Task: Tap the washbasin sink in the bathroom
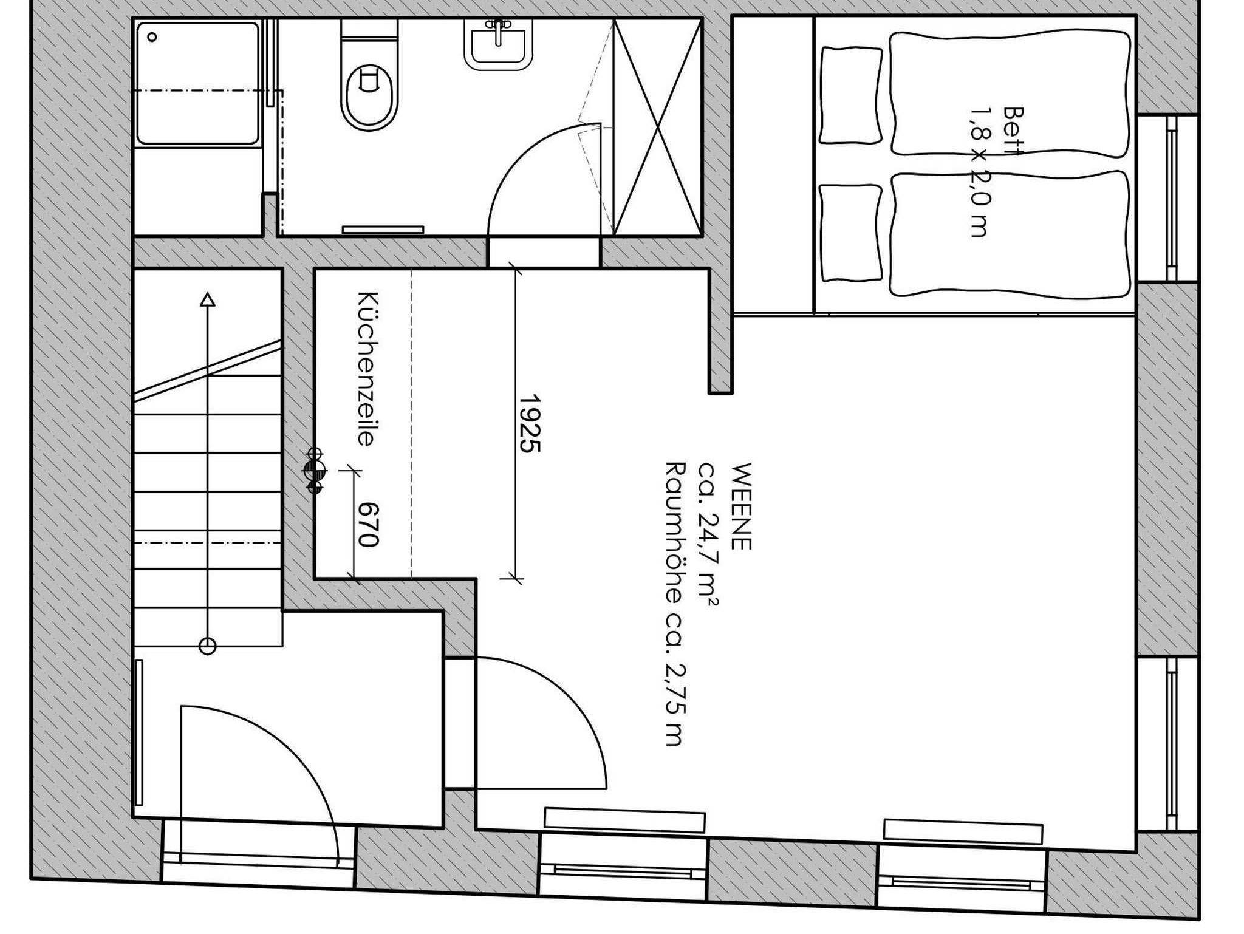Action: (499, 44)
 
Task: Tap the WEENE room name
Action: (742, 506)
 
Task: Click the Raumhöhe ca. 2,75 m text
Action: (674, 603)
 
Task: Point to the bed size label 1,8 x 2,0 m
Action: (979, 172)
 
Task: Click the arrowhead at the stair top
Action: (208, 300)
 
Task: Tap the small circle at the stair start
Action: (208, 647)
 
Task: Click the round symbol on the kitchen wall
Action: (315, 469)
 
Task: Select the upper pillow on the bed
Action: (850, 95)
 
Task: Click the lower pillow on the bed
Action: (850, 233)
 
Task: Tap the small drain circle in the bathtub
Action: (152, 37)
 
